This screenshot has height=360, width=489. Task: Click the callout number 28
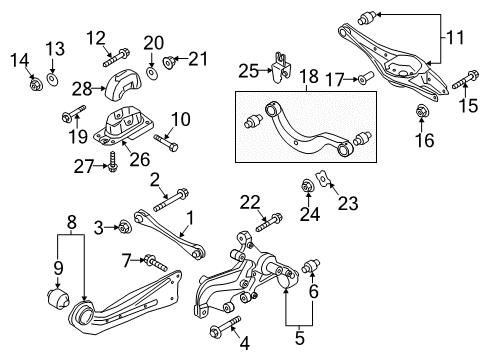coord(82,89)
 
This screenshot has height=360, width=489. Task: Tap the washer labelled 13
coord(53,80)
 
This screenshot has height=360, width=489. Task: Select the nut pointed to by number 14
coord(35,85)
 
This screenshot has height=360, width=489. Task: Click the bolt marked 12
coord(116,58)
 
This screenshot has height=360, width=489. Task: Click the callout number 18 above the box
coord(309,76)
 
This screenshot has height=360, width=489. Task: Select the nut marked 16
coord(422,111)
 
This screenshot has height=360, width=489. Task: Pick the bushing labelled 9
coord(57,298)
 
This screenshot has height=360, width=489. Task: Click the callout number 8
coord(72,222)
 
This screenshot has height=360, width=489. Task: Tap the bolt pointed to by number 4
coord(225,326)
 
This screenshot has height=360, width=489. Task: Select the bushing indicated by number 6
coord(311,266)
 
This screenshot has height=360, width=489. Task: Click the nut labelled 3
coord(125,227)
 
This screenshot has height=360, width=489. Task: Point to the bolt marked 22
coord(269,222)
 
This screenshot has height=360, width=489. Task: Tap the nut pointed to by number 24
coord(307,186)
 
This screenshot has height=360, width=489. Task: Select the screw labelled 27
coord(112,162)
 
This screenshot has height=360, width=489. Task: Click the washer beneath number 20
coord(152,73)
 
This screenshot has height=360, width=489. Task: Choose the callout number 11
coord(455,37)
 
